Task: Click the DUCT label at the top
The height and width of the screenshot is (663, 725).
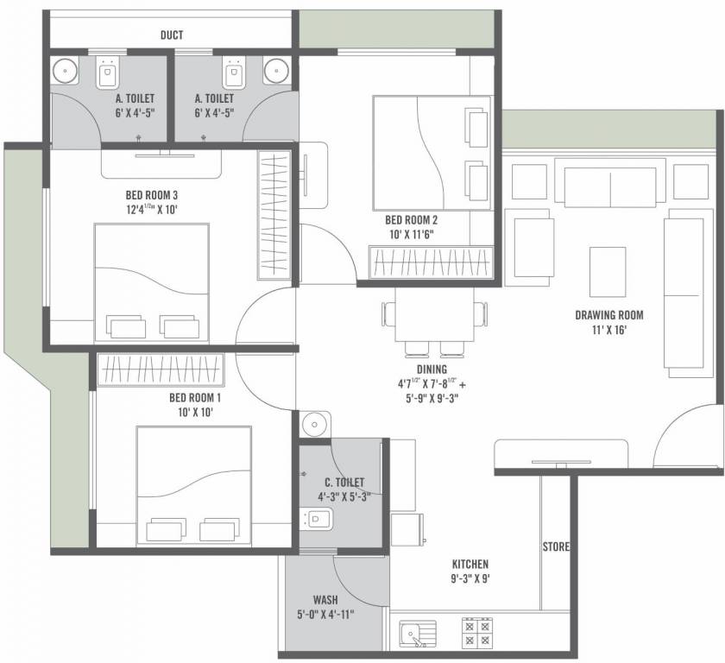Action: (x=172, y=35)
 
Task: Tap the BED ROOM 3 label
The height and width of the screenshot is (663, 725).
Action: (x=151, y=195)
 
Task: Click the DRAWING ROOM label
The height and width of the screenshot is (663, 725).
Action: (x=608, y=315)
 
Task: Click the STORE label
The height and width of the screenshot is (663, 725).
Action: (x=556, y=547)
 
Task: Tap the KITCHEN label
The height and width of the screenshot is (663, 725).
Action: (x=470, y=564)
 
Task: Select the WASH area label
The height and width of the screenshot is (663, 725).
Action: (x=325, y=599)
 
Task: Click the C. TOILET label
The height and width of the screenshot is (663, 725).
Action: (x=344, y=482)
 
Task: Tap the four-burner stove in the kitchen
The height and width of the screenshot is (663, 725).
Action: (x=477, y=633)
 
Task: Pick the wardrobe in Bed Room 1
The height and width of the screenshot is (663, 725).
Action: (x=161, y=370)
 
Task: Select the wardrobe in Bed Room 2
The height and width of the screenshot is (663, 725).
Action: (x=431, y=262)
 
